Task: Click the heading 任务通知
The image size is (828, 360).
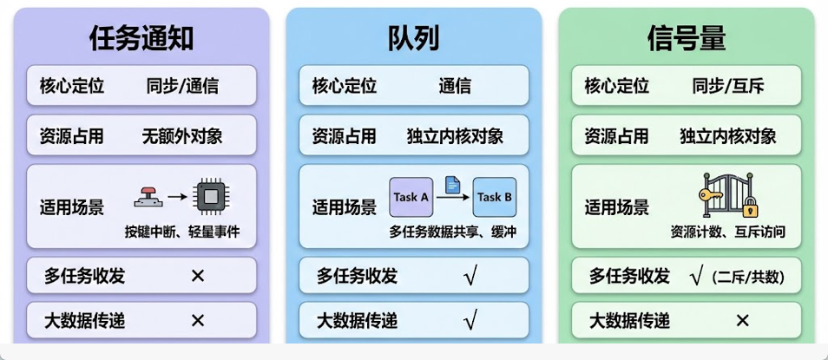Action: click(x=141, y=38)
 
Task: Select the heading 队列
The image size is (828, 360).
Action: click(x=413, y=38)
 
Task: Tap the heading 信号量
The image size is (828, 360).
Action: click(x=686, y=38)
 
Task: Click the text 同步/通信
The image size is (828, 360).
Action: click(x=182, y=86)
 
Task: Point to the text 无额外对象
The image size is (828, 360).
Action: click(x=182, y=136)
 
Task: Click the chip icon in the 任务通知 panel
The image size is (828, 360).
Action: click(x=208, y=196)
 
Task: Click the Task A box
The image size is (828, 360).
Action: click(x=411, y=198)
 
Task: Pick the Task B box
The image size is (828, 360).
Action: click(x=494, y=198)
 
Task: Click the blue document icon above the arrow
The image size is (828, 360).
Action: click(x=451, y=184)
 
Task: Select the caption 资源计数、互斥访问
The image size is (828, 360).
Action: click(x=727, y=232)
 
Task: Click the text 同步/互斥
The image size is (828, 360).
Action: click(x=727, y=86)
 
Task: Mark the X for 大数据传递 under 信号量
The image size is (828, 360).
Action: click(x=742, y=321)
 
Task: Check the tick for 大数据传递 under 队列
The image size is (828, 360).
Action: click(x=470, y=321)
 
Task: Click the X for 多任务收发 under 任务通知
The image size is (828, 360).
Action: click(x=197, y=276)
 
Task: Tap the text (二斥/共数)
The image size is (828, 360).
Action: click(x=747, y=277)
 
